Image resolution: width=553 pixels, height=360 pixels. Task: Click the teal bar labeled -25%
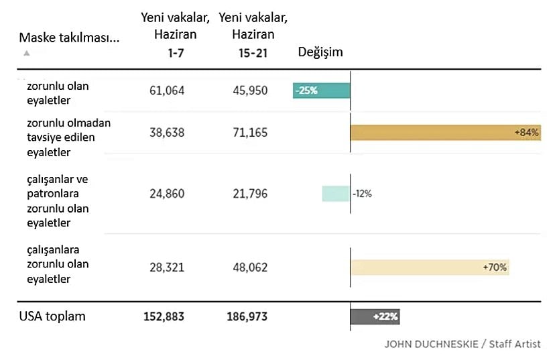pos(321,91)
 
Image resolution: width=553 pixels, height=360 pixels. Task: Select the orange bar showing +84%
pos(445,132)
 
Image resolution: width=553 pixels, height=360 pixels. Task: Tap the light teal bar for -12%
pos(335,194)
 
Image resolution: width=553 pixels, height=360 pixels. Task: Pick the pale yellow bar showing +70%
pos(429,267)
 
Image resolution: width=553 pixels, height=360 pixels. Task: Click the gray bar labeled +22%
pos(375,316)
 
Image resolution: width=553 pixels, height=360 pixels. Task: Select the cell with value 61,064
pos(166,91)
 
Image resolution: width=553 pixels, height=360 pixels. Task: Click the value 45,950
pos(249,91)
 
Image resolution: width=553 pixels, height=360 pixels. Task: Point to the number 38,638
pos(166,133)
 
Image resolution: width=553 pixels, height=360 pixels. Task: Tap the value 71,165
pos(249,133)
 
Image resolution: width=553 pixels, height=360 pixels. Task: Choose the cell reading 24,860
pos(166,194)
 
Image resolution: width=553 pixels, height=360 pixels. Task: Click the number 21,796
pos(249,194)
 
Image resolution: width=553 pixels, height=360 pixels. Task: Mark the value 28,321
pos(166,267)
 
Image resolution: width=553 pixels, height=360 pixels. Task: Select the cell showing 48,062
pos(249,267)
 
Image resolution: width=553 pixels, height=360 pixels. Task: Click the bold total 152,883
pos(164,316)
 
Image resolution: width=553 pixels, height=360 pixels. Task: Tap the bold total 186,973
pos(247,316)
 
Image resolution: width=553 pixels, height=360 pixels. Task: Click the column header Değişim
pos(320,52)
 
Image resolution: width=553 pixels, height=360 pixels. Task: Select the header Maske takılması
pos(69,38)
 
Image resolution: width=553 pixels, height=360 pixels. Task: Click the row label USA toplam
pos(52,316)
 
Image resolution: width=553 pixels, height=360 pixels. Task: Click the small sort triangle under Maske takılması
pos(26,52)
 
